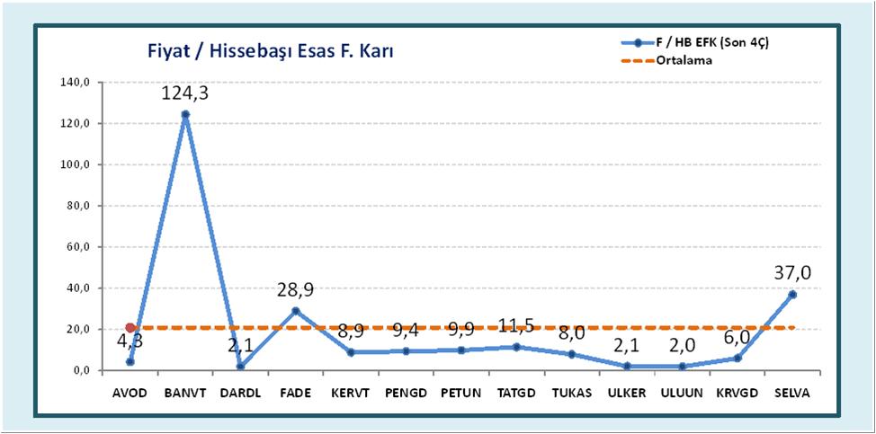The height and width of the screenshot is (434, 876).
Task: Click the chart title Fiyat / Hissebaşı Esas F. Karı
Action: (271, 51)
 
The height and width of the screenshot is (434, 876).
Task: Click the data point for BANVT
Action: (184, 114)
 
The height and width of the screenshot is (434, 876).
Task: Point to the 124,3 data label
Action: (184, 93)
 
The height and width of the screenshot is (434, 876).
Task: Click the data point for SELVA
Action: (792, 294)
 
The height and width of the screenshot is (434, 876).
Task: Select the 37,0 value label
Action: (792, 273)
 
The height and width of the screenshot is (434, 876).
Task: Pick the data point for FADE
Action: (295, 311)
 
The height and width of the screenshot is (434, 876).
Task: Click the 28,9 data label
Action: (295, 289)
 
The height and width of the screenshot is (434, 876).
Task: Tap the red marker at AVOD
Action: (130, 328)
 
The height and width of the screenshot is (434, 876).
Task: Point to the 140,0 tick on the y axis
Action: (76, 83)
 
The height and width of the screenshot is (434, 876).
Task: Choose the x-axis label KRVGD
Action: (737, 394)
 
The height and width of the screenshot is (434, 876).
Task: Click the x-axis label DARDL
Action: (240, 394)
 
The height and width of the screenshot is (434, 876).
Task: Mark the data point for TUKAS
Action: (571, 354)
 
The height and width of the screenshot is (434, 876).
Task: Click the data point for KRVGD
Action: (737, 358)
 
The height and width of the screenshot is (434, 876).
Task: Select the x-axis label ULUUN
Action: (682, 394)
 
